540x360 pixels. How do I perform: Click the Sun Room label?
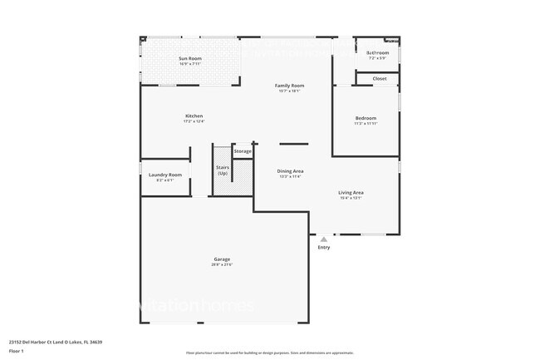coord(190,58)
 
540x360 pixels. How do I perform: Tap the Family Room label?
coord(290,86)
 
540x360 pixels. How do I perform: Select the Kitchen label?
coord(194,116)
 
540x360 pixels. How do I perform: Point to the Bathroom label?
coord(378,52)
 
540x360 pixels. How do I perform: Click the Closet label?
coord(379,78)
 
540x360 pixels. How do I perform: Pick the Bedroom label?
coord(366,118)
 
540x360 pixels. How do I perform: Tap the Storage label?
coord(243,151)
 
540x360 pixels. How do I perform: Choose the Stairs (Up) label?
coord(223,170)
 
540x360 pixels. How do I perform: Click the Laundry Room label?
coord(165,175)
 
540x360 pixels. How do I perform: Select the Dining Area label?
coord(290,170)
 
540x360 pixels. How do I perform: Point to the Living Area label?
coord(351,192)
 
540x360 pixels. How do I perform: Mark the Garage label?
coord(222,259)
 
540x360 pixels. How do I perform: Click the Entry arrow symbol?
coord(324,239)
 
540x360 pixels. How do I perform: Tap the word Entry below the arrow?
coord(324,248)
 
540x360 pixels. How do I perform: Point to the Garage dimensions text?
coord(222,265)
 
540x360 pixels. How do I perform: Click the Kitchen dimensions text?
coord(194,121)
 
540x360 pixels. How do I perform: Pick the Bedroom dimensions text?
coord(366,124)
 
